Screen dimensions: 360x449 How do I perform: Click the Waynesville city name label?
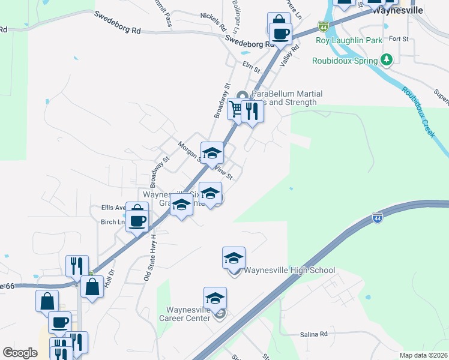[397, 11]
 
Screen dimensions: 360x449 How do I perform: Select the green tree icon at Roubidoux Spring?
[387, 60]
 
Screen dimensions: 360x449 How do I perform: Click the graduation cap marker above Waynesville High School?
[234, 257]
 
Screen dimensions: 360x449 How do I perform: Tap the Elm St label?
[252, 66]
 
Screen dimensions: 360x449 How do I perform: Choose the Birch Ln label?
[113, 221]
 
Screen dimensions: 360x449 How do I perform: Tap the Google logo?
[20, 353]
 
